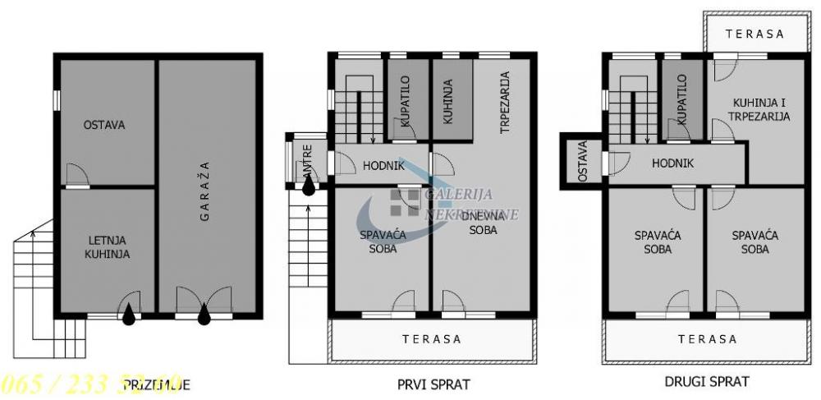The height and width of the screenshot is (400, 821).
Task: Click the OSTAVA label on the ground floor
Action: coord(103,126)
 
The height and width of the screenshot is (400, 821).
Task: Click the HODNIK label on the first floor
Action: coord(383,166)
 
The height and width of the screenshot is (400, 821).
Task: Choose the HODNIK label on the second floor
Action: coord(672,163)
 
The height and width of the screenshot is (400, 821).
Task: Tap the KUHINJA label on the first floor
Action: coord(448,102)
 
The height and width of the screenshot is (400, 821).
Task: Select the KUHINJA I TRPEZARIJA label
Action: coord(759,109)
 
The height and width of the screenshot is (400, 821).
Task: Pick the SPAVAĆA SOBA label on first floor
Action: coord(383,241)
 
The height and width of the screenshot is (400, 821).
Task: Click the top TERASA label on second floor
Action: coord(756,34)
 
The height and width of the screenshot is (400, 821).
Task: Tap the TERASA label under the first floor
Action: coord(432,339)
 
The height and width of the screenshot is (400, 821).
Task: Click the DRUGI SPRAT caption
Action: coord(706,381)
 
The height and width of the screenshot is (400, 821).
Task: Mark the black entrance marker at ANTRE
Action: coord(308,186)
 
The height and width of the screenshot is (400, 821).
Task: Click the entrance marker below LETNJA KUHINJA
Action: coord(129,315)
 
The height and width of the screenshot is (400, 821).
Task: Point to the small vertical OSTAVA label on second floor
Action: coord(583,162)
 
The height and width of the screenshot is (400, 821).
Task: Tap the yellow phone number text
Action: coord(90,384)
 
